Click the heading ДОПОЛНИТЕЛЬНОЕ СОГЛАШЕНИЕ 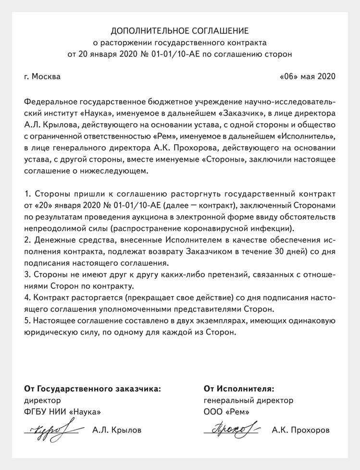click(180, 31)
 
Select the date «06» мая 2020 click(307, 76)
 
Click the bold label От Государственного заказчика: click(92, 388)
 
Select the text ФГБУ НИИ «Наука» click(62, 411)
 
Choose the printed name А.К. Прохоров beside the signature click(301, 430)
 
